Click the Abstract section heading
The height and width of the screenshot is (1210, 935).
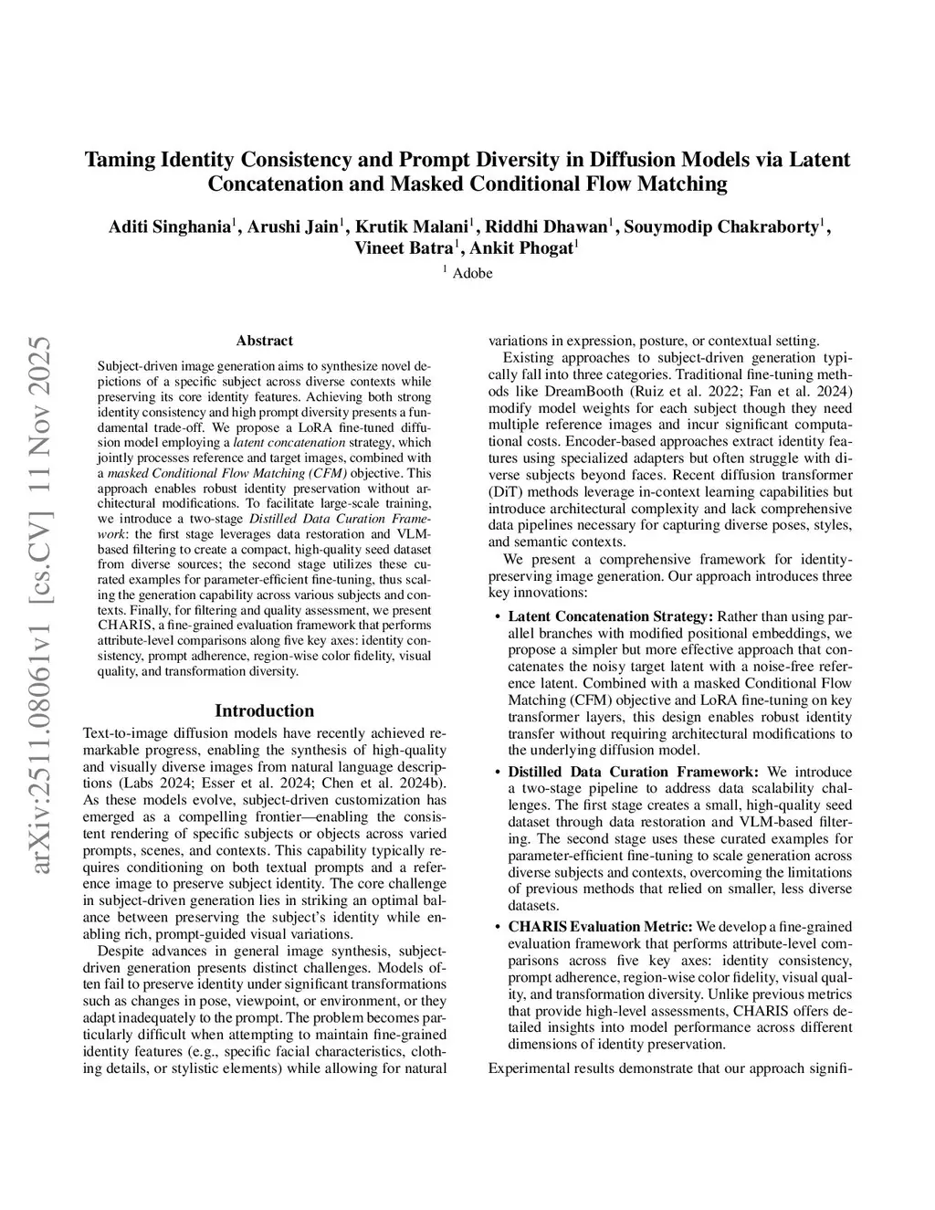click(x=264, y=341)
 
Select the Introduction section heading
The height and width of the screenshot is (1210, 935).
click(x=264, y=710)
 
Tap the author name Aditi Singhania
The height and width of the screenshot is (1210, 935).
click(x=169, y=227)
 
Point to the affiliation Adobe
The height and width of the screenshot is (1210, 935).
click(x=472, y=273)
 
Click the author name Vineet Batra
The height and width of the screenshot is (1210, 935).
click(x=403, y=248)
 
